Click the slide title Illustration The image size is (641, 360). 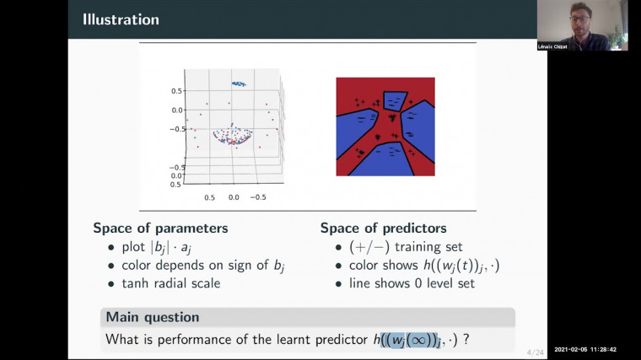(120, 19)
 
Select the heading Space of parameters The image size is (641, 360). (160, 228)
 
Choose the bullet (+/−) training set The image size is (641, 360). (389, 246)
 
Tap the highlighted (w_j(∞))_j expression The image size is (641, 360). (423, 339)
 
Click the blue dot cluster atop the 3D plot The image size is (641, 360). (239, 83)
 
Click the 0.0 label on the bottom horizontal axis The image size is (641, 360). (234, 196)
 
